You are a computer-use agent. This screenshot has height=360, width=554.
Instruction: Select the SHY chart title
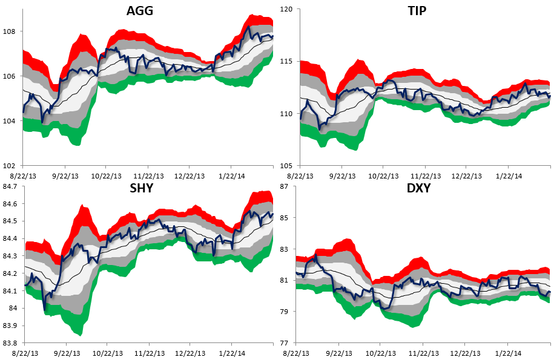click(x=140, y=188)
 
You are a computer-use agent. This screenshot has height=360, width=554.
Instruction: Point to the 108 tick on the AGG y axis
click(x=12, y=31)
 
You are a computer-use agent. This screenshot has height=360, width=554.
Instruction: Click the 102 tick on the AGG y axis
click(x=12, y=165)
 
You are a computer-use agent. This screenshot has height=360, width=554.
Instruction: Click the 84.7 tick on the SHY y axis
click(x=10, y=186)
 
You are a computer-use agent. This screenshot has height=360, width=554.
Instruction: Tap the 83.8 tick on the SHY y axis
click(x=10, y=343)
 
